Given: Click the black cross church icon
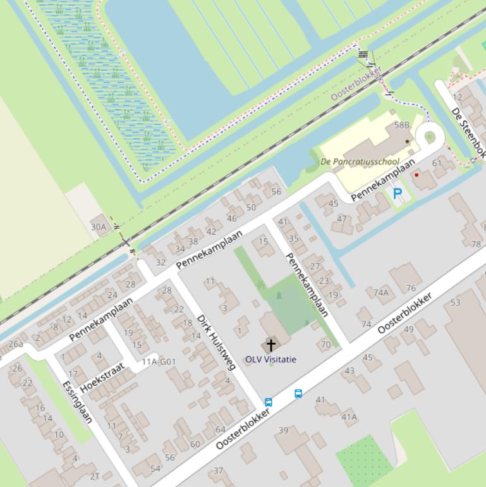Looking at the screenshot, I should pos(271,345).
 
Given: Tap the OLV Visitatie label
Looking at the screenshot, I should pos(270,359).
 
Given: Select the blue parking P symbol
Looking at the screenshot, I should pos(397,194).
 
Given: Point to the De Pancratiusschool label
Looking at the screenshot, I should pos(360,162).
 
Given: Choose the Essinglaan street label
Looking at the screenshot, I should pos(78,402).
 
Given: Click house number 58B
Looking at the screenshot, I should pos(402,125).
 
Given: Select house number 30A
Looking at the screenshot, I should pos(99,226).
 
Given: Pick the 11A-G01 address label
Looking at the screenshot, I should pos(159,362).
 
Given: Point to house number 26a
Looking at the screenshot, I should pos(15,344).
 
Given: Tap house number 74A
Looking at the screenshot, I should pos(380,292).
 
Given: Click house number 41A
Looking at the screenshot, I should pos(349,417).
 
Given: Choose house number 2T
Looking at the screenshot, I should pos(94,476).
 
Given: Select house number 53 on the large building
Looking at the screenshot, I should pos(456,302).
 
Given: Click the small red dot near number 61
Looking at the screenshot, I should pos(416,175).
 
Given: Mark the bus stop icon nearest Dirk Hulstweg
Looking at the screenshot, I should pos(269,402).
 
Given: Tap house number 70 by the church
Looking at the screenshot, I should pos(325,345).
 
